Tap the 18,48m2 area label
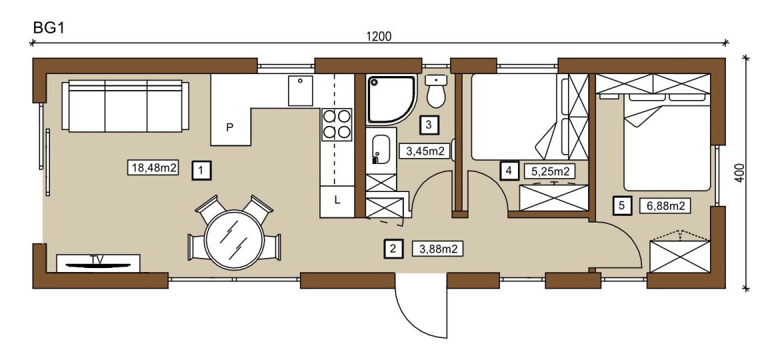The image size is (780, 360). pyautogui.click(x=153, y=167)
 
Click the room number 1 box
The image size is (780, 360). pyautogui.click(x=201, y=171)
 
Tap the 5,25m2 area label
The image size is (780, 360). pyautogui.click(x=550, y=171)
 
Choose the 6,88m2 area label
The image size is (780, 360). pyautogui.click(x=664, y=206)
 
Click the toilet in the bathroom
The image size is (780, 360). pyautogui.click(x=436, y=92)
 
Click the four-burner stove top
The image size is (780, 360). pyautogui.click(x=336, y=124)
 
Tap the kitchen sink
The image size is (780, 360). pyautogui.click(x=301, y=90)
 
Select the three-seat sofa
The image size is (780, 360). pyautogui.click(x=122, y=107)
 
